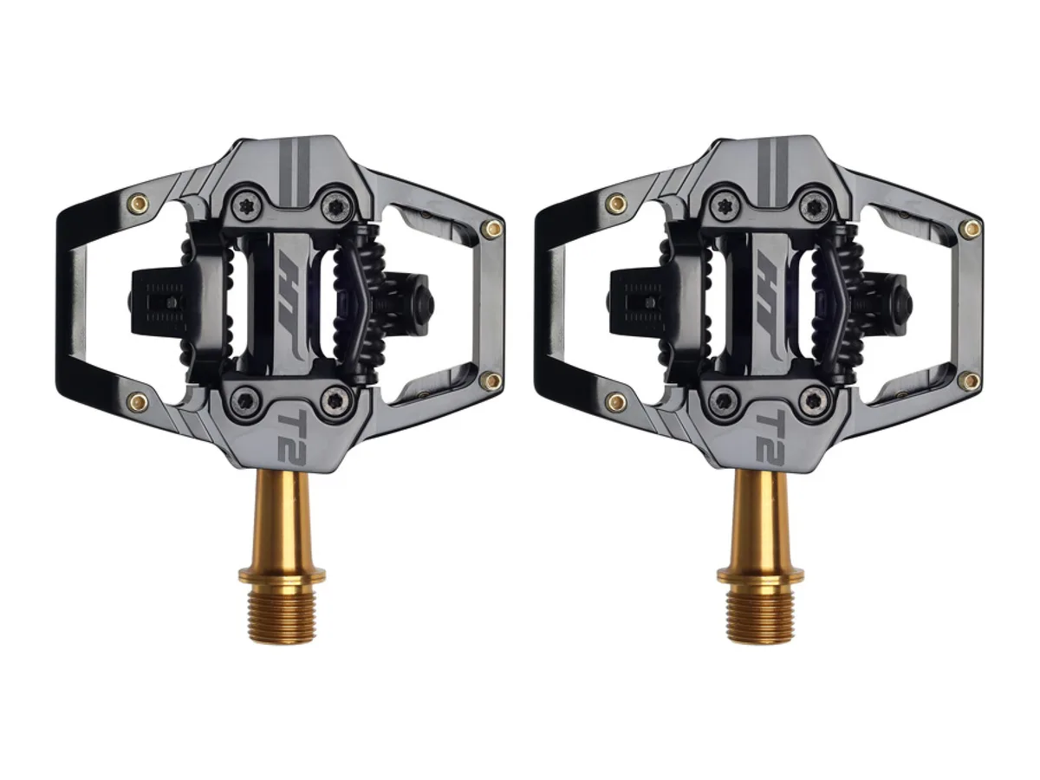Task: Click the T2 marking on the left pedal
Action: tap(293, 436)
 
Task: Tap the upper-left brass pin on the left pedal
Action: tap(138, 204)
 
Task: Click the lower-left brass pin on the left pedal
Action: tap(138, 402)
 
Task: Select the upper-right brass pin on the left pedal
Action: tap(493, 229)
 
